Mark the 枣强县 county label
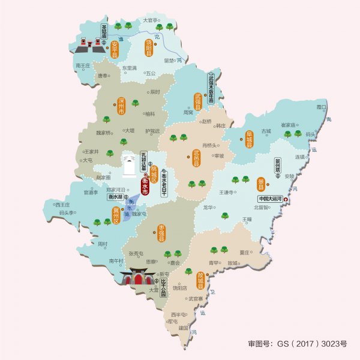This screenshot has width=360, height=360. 161,233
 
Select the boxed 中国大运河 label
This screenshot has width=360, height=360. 271,199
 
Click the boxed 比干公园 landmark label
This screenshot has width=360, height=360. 163,287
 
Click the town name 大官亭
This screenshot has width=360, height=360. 150,20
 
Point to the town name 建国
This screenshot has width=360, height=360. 184,328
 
